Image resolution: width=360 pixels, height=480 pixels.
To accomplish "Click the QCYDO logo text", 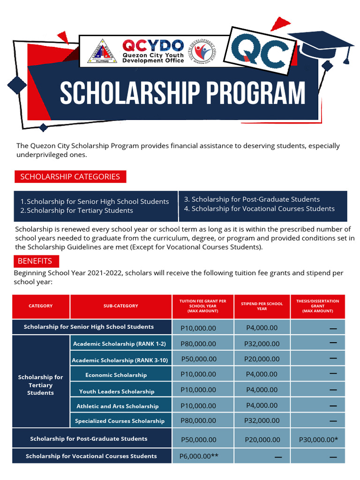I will [153, 45].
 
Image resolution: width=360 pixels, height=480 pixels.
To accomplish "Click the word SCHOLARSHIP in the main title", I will [123, 94].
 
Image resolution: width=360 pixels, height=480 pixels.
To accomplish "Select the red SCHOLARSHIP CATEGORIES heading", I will [70, 177].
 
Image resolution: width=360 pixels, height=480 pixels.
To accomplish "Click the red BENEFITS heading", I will [35, 261].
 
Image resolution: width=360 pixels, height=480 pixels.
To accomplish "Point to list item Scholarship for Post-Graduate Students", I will [251, 199].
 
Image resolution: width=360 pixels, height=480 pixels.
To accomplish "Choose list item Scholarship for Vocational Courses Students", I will [259, 209].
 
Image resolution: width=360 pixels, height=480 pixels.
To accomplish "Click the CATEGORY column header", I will [41, 306].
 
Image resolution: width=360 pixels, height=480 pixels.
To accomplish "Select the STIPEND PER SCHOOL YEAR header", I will [262, 306].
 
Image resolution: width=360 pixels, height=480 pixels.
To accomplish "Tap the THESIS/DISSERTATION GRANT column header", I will [317, 306].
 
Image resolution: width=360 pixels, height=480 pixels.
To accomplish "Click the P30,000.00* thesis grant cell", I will [318, 440].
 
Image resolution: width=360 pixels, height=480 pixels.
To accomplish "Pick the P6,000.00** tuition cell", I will [199, 456].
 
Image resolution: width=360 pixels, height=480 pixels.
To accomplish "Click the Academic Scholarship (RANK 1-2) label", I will [120, 344].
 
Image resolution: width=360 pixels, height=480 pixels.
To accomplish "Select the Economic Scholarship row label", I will [116, 375].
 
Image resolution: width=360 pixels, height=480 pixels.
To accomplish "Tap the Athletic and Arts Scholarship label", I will [118, 406].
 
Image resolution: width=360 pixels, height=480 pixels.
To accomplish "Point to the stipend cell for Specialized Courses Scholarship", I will [262, 420].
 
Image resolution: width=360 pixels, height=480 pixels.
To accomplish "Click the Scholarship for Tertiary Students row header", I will [41, 385].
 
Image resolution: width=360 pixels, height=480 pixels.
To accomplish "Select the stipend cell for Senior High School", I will [262, 328].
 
